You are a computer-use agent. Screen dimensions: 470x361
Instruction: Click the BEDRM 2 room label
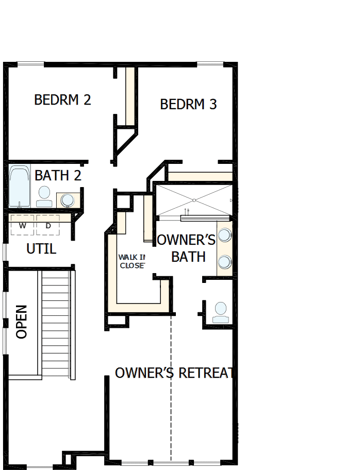[62, 100]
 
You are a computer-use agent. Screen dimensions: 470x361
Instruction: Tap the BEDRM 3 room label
[188, 105]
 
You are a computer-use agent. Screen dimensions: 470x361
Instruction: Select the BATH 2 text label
[58, 176]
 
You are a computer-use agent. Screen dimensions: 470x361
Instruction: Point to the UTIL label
[41, 249]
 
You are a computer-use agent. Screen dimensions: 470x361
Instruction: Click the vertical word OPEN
[22, 322]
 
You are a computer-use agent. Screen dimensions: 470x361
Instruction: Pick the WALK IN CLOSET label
[132, 261]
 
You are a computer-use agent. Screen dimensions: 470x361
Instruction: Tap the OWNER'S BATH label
[187, 248]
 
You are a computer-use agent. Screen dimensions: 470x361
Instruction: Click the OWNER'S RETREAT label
[175, 373]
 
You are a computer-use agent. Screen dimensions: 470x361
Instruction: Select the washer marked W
[22, 226]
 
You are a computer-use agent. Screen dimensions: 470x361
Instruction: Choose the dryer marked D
[48, 226]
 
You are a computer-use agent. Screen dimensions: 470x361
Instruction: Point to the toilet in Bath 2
[44, 195]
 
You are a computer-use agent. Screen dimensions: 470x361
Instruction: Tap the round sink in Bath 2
[67, 199]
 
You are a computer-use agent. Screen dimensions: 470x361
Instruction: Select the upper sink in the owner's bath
[224, 236]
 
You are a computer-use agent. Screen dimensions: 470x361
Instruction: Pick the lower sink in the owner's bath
[224, 262]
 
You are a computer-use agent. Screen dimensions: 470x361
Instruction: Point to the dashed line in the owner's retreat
[171, 392]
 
